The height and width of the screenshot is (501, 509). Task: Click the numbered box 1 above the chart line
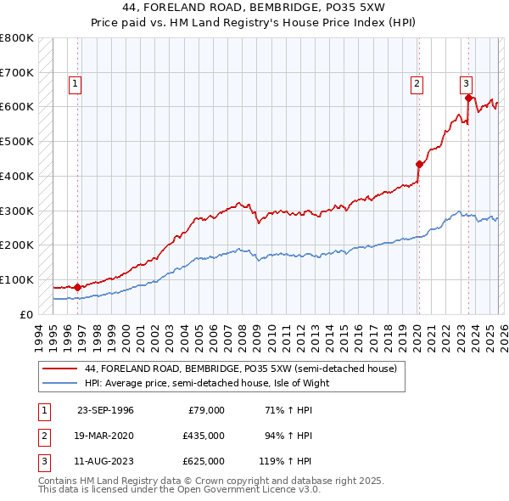click(x=76, y=83)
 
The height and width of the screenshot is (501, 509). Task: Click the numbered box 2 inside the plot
click(x=417, y=83)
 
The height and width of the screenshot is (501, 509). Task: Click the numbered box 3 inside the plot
click(x=467, y=83)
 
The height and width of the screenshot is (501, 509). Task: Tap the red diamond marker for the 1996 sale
click(x=77, y=287)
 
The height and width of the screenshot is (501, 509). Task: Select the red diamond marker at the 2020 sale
click(x=419, y=164)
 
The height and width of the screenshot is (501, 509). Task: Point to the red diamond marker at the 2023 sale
click(x=468, y=98)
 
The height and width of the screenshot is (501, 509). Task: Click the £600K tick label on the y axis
click(x=17, y=107)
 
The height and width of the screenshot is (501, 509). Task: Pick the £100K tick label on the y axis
click(x=17, y=279)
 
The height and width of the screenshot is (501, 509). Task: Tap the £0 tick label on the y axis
click(x=25, y=314)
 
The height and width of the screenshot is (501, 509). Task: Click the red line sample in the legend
click(x=59, y=369)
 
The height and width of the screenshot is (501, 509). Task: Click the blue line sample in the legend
click(x=59, y=383)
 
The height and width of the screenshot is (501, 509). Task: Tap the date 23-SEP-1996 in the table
click(x=105, y=410)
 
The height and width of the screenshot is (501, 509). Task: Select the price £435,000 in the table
click(x=203, y=436)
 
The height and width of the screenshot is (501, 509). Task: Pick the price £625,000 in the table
click(x=203, y=461)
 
